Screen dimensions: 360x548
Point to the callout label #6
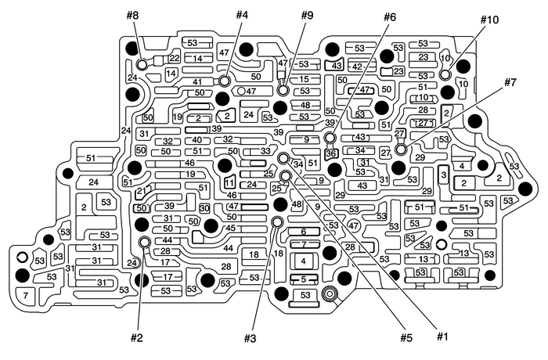(x=390, y=15)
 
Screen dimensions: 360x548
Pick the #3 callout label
(x=250, y=339)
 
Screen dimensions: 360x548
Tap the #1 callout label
(x=442, y=337)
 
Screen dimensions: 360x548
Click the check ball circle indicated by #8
(x=142, y=64)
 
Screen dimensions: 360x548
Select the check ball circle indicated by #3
(x=276, y=222)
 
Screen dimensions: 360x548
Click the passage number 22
(x=174, y=59)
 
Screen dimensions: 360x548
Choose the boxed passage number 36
(x=330, y=154)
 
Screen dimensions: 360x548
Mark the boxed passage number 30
(x=204, y=209)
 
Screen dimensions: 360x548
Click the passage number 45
(x=231, y=229)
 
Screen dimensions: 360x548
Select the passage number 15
(x=305, y=80)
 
